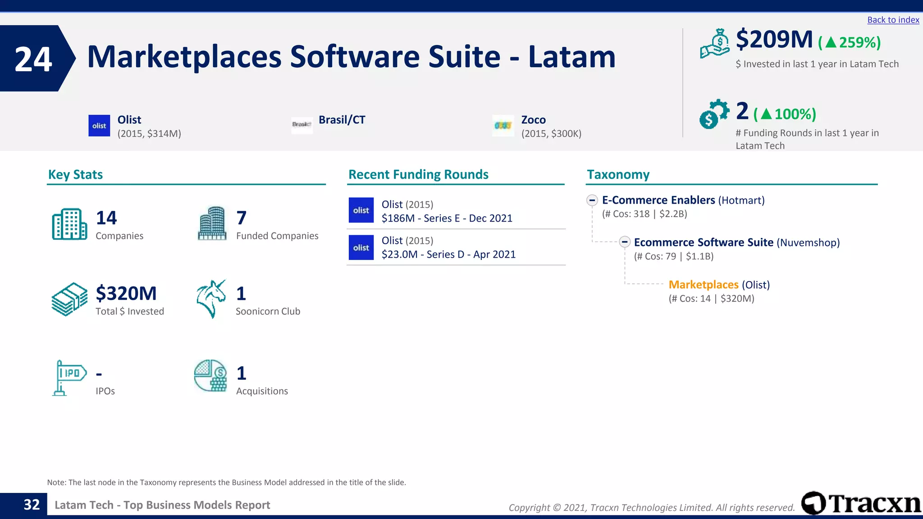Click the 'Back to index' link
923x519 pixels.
pyautogui.click(x=893, y=20)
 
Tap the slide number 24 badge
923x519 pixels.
pyautogui.click(x=34, y=59)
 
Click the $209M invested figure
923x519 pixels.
pyautogui.click(x=774, y=40)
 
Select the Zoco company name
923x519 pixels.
pyautogui.click(x=533, y=120)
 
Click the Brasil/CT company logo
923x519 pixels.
pyautogui.click(x=302, y=124)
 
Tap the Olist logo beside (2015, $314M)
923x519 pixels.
pyautogui.click(x=99, y=126)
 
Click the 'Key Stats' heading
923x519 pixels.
pyautogui.click(x=75, y=174)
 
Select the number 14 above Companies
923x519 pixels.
pyautogui.click(x=106, y=218)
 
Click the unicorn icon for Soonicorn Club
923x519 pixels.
pyautogui.click(x=211, y=299)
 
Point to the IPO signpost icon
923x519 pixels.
pyautogui.click(x=69, y=378)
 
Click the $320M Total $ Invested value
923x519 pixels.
pyautogui.click(x=126, y=294)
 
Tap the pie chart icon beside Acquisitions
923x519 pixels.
pyautogui.click(x=210, y=375)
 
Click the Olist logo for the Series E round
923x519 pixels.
pyautogui.click(x=361, y=210)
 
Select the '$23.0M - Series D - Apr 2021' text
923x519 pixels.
pyautogui.click(x=448, y=255)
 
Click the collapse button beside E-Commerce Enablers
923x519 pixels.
pyautogui.click(x=592, y=200)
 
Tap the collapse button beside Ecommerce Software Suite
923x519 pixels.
pyautogui.click(x=624, y=242)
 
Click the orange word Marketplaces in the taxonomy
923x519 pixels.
pyautogui.click(x=703, y=285)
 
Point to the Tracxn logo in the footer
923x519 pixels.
pyautogui.click(x=861, y=503)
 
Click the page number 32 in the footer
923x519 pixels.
pyautogui.click(x=32, y=505)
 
